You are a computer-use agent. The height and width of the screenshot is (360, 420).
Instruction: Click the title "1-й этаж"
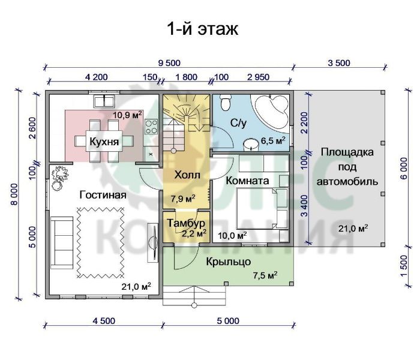point(203,29)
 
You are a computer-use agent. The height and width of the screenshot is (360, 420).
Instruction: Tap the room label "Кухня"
point(104,141)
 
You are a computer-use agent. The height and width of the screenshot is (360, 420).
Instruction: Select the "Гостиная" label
point(103,195)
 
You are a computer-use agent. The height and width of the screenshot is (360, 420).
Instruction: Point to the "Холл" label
point(187,175)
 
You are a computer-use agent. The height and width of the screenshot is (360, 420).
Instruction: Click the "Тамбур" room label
point(186,223)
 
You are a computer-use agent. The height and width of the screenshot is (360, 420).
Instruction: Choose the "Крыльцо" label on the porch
point(229,262)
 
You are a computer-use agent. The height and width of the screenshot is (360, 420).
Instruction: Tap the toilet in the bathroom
point(224,103)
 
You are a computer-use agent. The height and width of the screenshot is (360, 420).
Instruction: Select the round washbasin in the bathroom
point(251,145)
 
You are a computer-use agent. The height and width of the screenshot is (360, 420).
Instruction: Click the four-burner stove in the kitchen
point(151,127)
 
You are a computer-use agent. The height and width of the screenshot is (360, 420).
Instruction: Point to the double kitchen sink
point(104,101)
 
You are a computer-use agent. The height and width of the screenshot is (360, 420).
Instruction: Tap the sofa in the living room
point(62,242)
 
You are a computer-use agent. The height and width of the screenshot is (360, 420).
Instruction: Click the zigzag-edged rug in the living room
point(101,242)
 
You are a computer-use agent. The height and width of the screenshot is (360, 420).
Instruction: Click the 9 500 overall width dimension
point(169,63)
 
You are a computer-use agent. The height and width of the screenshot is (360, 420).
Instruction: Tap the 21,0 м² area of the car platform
point(353,229)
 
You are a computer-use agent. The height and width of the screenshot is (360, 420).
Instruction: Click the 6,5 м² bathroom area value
point(273,140)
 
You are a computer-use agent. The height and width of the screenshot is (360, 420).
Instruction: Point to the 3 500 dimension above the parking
point(339,63)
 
